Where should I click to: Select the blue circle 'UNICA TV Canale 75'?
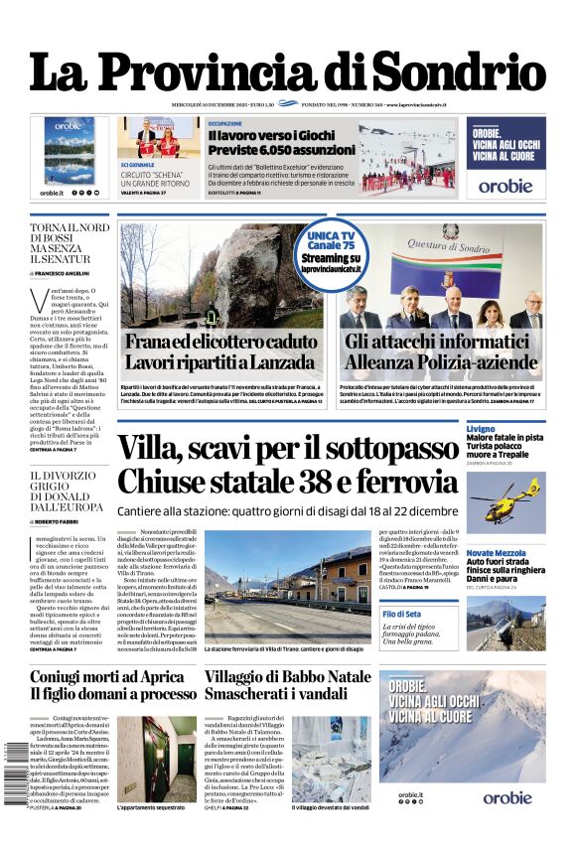pyautogui.click(x=332, y=253)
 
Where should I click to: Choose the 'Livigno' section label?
pyautogui.click(x=481, y=428)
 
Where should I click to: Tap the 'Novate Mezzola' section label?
pyautogui.click(x=495, y=552)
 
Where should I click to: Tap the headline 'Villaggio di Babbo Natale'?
pyautogui.click(x=273, y=676)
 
